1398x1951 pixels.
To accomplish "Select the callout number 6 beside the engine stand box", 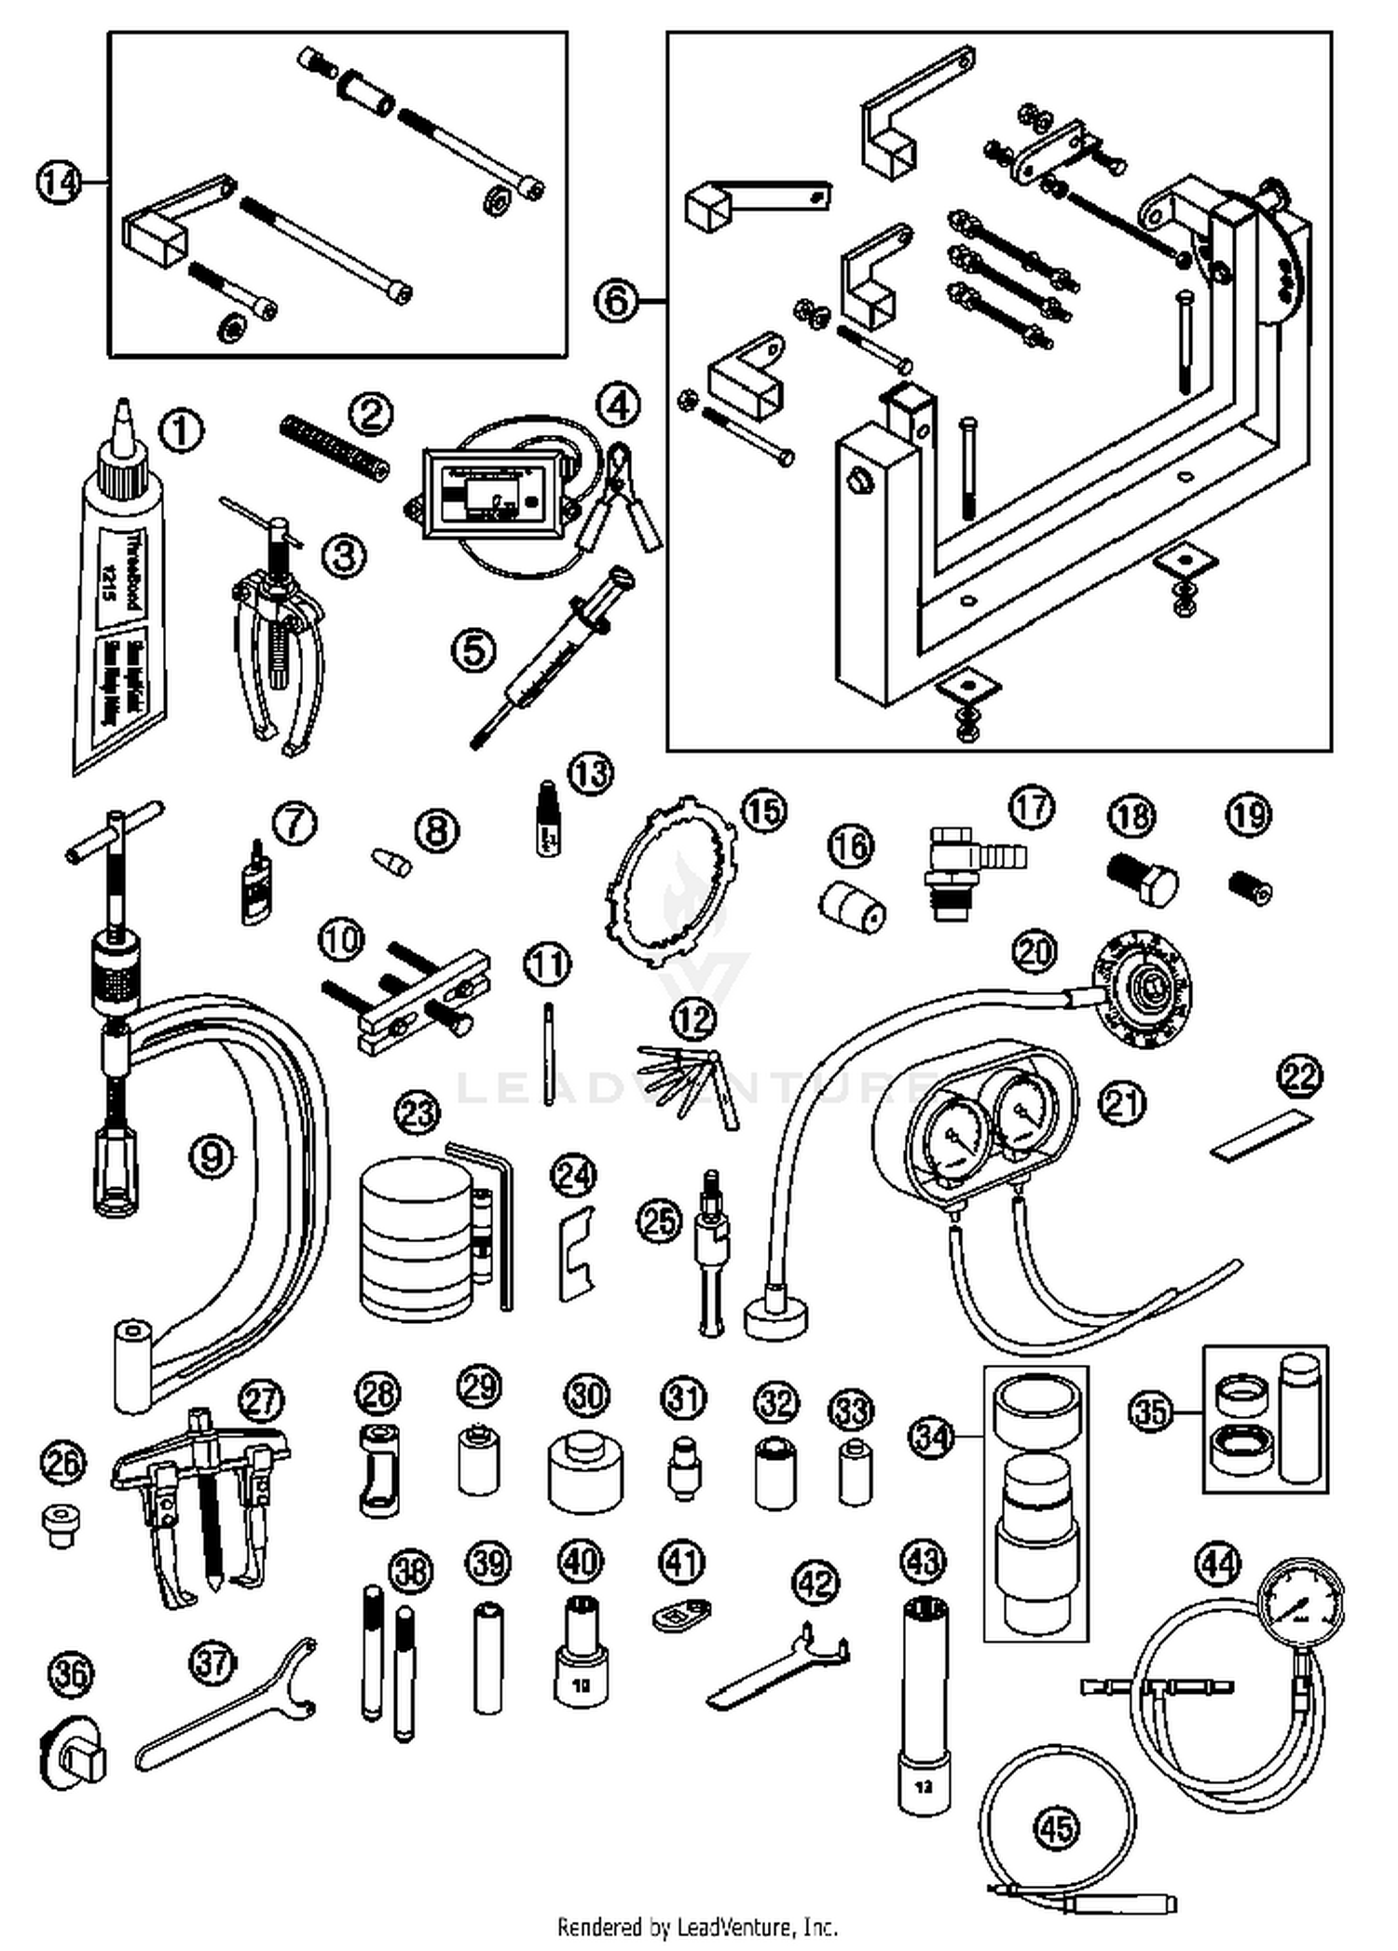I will pos(617,301).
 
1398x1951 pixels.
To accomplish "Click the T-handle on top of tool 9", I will pos(116,835).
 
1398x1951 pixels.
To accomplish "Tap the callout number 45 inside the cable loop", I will pos(1056,1827).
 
